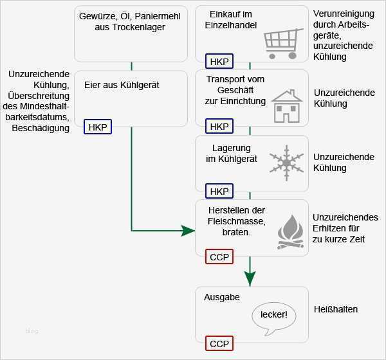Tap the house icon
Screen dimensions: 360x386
[x=286, y=107]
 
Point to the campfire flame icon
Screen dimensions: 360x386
[x=290, y=232]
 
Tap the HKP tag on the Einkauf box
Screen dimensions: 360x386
[x=219, y=62]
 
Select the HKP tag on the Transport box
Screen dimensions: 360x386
[x=219, y=126]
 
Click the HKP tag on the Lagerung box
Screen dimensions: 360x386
[x=219, y=191]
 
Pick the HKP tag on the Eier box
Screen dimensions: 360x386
[x=98, y=127]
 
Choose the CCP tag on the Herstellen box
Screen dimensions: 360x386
[x=219, y=257]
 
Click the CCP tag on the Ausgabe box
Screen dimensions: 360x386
[x=219, y=343]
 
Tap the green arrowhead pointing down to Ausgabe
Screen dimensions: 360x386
[x=250, y=278]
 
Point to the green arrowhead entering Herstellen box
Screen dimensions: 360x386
[x=188, y=230]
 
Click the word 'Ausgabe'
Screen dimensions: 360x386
[x=222, y=298]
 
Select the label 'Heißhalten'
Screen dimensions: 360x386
[x=336, y=309]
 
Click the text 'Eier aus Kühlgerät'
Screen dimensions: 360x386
[x=122, y=85]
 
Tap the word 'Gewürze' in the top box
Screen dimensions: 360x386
[x=96, y=15]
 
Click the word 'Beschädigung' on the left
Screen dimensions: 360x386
[x=41, y=129]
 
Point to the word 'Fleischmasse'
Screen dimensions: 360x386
[x=227, y=221]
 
